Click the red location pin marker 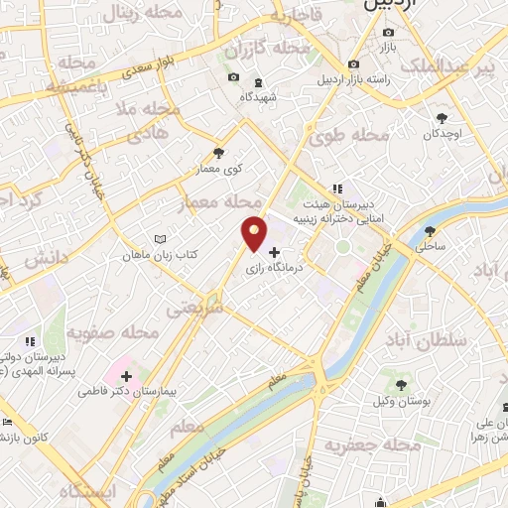[x=255, y=232]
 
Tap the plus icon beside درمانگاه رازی [x=275, y=253]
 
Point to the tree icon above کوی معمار [x=218, y=153]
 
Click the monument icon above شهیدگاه [x=258, y=81]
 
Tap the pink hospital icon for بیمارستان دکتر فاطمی [x=127, y=376]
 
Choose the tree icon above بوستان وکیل [x=402, y=383]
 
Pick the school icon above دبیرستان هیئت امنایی [x=337, y=188]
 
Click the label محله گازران [x=263, y=49]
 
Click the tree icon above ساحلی [x=432, y=227]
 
